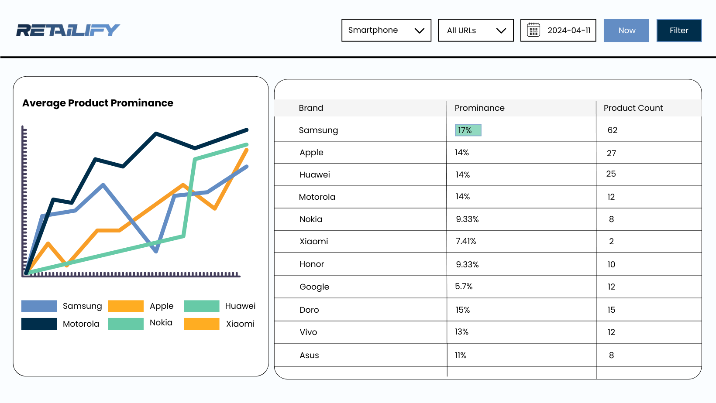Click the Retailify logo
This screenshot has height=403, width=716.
[68, 30]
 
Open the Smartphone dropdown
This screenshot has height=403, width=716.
[386, 30]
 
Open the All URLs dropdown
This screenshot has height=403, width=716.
[475, 30]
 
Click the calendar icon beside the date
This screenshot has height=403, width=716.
[534, 30]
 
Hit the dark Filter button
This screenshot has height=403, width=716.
[678, 31]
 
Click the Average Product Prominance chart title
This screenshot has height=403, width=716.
[98, 103]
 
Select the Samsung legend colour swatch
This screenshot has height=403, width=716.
[39, 306]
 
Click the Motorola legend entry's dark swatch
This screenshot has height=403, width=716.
[39, 324]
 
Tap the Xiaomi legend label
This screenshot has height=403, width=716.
[240, 324]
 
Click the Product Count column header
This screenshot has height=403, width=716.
[633, 108]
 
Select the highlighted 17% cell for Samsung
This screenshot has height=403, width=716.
[468, 130]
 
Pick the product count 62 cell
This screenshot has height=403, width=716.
[612, 130]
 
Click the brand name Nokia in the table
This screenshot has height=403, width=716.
[311, 219]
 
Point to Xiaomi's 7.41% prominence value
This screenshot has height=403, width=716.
[466, 241]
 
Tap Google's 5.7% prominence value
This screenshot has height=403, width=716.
[464, 287]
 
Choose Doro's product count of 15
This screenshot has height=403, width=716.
[611, 310]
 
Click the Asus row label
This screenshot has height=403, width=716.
[309, 355]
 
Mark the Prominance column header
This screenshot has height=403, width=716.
[479, 108]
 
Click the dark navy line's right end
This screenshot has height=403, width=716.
[247, 130]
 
